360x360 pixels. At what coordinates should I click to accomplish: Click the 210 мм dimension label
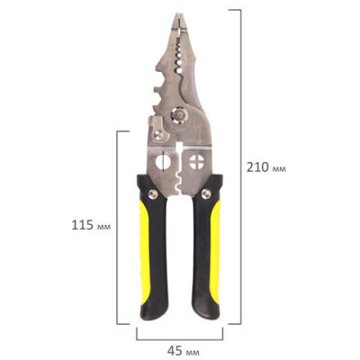click(266, 167)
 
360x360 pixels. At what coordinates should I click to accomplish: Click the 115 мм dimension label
click(91, 225)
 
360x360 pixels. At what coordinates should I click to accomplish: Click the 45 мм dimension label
click(183, 350)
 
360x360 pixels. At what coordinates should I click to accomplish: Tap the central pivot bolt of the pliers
click(179, 114)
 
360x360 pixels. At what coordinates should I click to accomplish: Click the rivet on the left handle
click(153, 194)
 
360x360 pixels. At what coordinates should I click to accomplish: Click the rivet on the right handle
click(206, 193)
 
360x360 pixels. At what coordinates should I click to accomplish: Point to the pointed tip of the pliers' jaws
click(179, 14)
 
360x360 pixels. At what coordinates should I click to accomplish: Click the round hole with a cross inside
click(197, 162)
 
